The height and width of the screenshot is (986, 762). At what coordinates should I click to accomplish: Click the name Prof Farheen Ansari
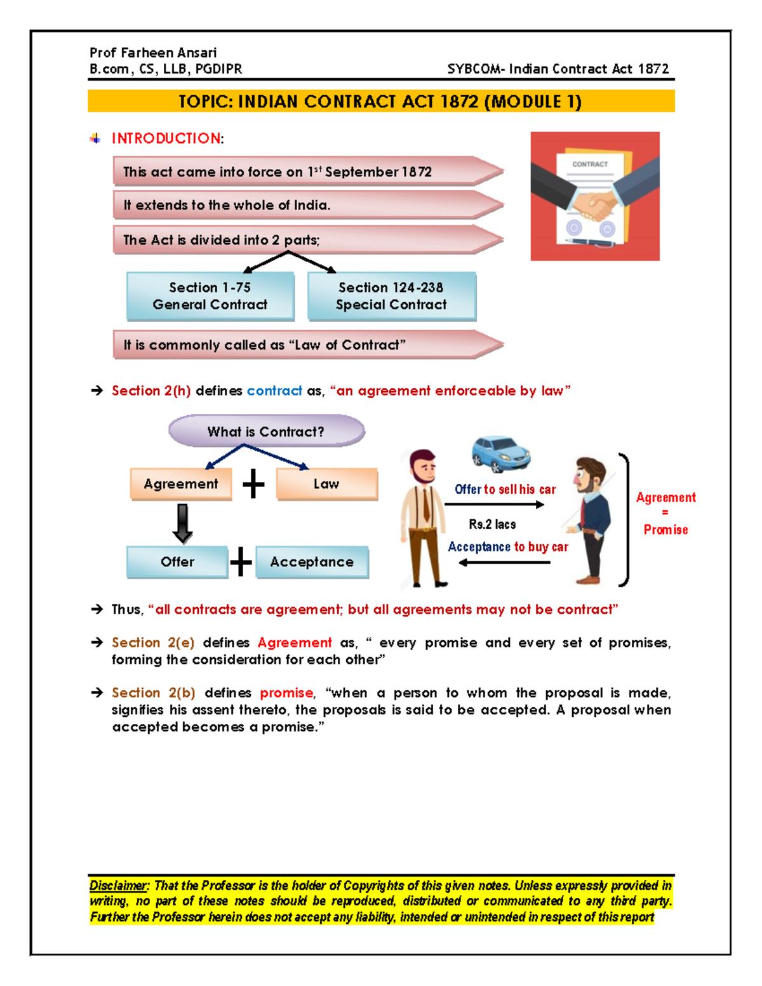[x=153, y=53]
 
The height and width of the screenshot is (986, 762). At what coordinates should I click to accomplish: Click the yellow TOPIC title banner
[x=380, y=102]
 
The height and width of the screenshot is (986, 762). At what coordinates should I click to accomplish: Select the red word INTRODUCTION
[x=166, y=138]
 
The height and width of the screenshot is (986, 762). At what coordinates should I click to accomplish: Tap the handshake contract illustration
[x=595, y=196]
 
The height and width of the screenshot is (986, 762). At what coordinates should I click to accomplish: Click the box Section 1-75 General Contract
[x=210, y=296]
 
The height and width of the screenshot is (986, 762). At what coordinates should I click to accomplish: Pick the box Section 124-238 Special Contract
[x=391, y=296]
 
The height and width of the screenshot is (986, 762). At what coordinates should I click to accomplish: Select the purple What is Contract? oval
[x=266, y=431]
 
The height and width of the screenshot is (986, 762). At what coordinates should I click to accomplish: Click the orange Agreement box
[x=181, y=484]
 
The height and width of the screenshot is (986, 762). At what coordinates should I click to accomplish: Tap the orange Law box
[x=326, y=484]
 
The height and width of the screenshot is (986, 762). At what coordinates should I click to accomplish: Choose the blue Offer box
[x=177, y=562]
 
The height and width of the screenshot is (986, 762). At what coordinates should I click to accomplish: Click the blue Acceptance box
[x=312, y=562]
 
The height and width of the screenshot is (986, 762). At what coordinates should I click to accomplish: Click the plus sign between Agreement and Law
[x=253, y=484]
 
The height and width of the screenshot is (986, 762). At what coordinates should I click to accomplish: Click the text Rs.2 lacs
[x=492, y=524]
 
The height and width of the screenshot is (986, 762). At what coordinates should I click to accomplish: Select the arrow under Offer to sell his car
[x=494, y=505]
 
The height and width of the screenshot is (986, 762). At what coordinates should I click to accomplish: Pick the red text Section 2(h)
[x=151, y=391]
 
